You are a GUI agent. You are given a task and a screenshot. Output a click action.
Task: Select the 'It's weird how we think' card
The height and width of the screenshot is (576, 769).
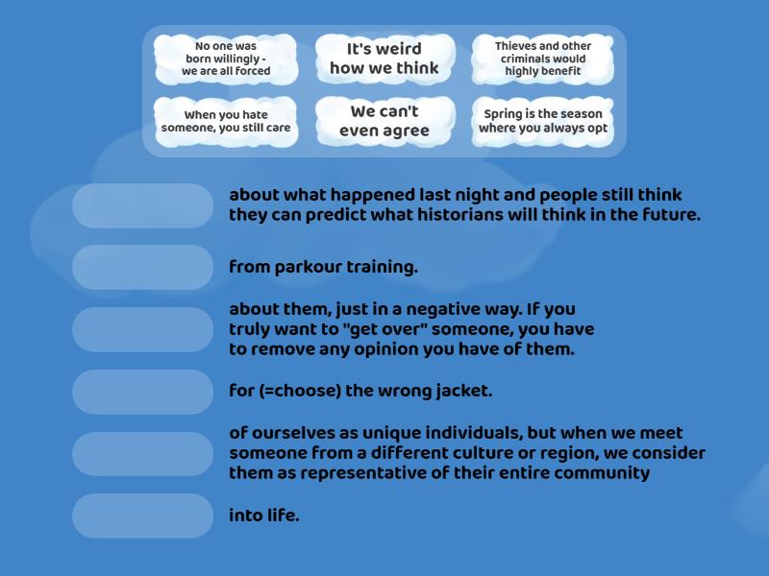384,59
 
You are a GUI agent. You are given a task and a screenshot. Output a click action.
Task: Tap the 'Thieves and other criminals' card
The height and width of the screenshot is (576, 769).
543,59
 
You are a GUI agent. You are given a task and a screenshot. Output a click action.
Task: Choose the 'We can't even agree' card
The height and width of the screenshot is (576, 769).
384,122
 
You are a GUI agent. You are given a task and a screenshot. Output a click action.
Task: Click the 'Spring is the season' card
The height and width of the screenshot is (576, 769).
543,122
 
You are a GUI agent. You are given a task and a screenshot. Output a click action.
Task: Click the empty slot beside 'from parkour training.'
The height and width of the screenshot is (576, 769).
142,268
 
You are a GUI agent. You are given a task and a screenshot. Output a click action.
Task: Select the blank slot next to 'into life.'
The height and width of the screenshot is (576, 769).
142,516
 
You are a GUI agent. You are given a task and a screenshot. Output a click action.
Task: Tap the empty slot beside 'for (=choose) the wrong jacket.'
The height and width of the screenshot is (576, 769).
142,392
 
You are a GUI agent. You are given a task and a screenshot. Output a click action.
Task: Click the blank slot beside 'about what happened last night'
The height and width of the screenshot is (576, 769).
142,205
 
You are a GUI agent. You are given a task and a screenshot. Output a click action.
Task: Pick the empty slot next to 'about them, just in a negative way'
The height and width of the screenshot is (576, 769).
142,329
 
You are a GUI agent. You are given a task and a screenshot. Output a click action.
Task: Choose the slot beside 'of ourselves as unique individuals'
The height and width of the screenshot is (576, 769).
142,454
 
